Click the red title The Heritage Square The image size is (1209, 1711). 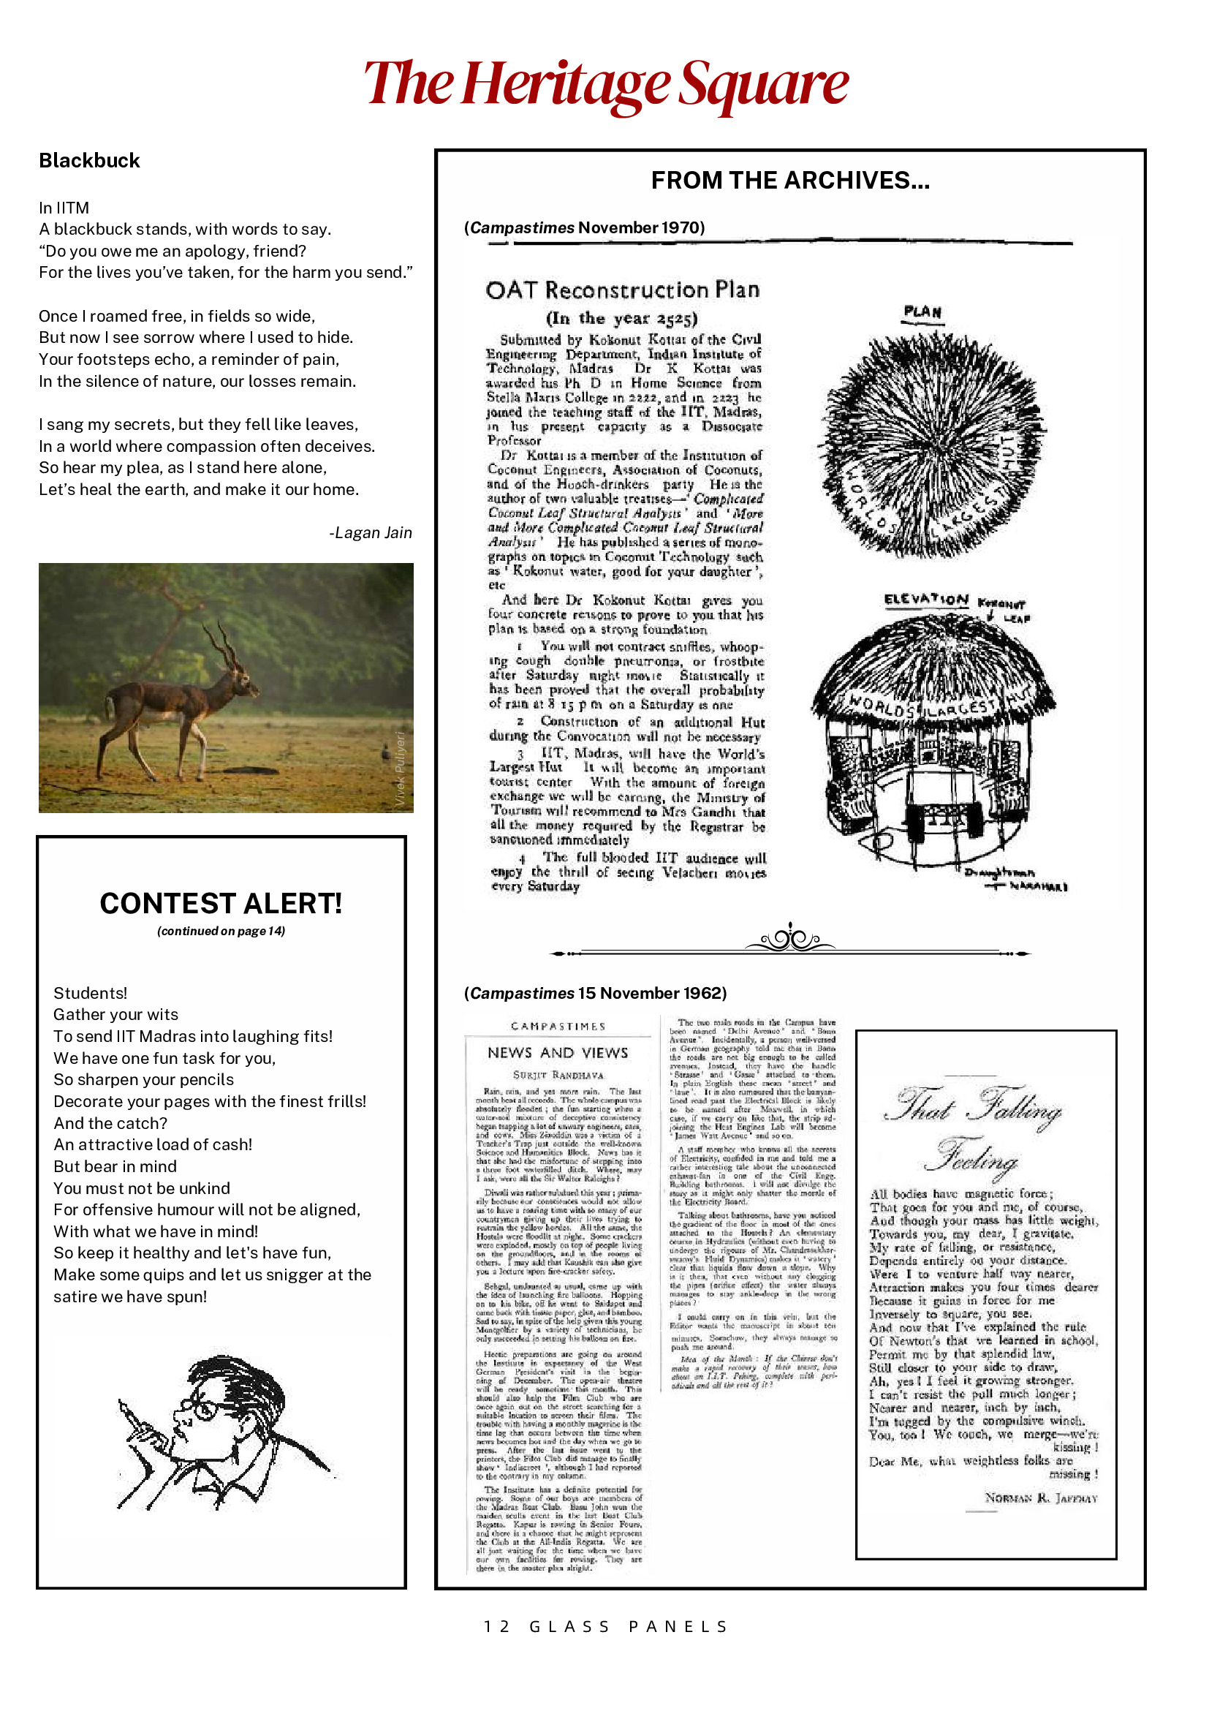pyautogui.click(x=605, y=83)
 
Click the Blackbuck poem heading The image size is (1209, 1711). pyautogui.click(x=89, y=160)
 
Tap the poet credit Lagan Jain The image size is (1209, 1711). pyautogui.click(x=370, y=532)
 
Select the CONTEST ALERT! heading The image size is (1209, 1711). pyautogui.click(x=221, y=903)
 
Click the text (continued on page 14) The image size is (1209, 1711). pyautogui.click(x=221, y=931)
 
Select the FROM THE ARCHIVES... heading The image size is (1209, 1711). pyautogui.click(x=789, y=181)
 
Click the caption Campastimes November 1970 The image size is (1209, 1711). pyautogui.click(x=585, y=227)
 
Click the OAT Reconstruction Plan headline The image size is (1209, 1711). pyautogui.click(x=622, y=290)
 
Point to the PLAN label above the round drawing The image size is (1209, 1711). pyautogui.click(x=922, y=311)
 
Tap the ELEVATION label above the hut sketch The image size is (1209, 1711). pyautogui.click(x=926, y=600)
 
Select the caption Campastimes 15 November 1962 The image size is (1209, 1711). pyautogui.click(x=595, y=993)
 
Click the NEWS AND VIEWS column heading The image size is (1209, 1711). pyautogui.click(x=557, y=1052)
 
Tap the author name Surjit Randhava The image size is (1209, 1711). pyautogui.click(x=558, y=1075)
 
